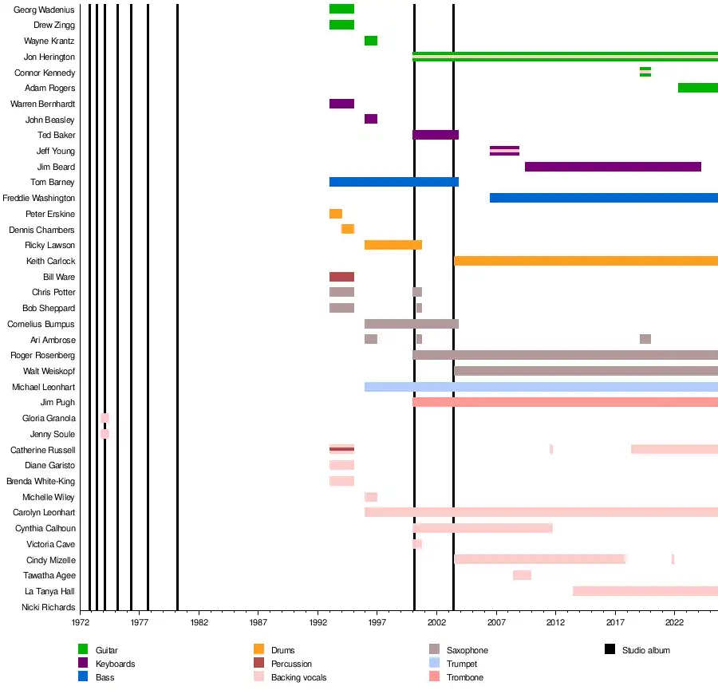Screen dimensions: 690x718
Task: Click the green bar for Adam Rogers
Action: [697, 88]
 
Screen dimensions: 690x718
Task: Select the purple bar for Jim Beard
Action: [613, 167]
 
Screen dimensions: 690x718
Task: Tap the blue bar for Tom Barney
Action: [393, 182]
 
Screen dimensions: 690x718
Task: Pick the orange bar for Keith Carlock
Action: [586, 261]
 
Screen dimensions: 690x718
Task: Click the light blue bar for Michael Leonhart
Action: [541, 387]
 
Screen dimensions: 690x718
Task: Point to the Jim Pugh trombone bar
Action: [565, 402]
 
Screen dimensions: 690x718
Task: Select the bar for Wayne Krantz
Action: [371, 41]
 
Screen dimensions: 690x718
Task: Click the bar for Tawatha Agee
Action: [522, 575]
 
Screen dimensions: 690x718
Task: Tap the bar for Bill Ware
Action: [341, 277]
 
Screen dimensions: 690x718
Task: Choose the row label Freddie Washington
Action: [39, 198]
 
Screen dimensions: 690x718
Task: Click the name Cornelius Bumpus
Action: [41, 324]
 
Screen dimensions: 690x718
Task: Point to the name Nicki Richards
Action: [49, 607]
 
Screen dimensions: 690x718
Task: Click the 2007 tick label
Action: [496, 621]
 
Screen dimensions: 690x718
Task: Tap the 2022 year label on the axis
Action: [675, 621]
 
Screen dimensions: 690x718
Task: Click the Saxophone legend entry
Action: [467, 650]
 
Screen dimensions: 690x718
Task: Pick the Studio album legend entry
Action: [645, 650]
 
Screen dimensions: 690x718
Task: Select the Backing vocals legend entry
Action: [298, 677]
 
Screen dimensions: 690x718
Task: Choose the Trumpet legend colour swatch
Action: [435, 664]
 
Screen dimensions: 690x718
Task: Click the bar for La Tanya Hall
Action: [645, 591]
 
